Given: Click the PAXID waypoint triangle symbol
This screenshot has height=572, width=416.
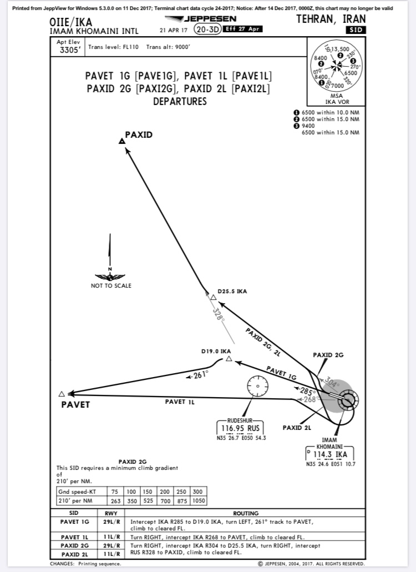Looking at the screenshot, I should click(x=122, y=142).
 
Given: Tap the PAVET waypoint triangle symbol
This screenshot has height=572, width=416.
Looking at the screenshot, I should click(x=62, y=394).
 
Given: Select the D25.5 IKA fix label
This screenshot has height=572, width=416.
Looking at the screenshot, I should click(x=232, y=291).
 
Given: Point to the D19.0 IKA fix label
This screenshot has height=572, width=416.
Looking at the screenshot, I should click(x=216, y=352).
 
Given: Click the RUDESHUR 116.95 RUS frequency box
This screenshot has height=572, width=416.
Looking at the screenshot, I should click(x=241, y=428).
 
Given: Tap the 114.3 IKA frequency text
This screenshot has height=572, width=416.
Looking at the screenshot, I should click(x=330, y=454).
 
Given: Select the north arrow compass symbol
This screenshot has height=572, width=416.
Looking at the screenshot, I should click(x=110, y=261).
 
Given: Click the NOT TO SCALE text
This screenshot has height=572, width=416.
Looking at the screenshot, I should click(x=111, y=285).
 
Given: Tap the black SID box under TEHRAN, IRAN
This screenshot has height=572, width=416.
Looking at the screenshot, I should click(x=356, y=29).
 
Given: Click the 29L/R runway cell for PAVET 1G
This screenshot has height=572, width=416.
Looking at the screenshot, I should click(x=113, y=522).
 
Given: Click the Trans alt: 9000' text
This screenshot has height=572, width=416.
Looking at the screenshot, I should click(x=168, y=47).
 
